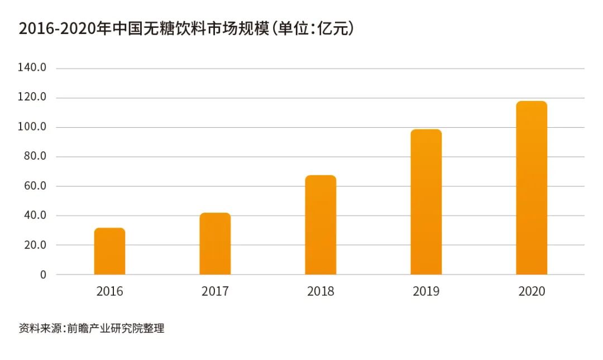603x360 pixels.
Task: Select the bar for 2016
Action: [109, 251]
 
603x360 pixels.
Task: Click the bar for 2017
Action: [215, 244]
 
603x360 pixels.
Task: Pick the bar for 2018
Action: [320, 225]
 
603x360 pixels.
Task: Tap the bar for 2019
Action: [426, 202]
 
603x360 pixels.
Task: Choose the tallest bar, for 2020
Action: [532, 188]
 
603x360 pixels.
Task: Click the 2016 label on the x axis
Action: [109, 291]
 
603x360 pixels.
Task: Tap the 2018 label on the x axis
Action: [320, 291]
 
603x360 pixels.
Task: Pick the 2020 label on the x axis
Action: [532, 291]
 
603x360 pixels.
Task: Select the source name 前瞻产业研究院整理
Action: [116, 329]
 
